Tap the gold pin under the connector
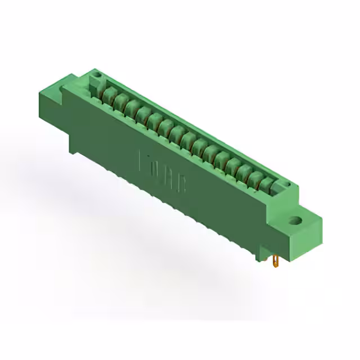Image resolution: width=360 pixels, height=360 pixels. coord(276,261)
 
